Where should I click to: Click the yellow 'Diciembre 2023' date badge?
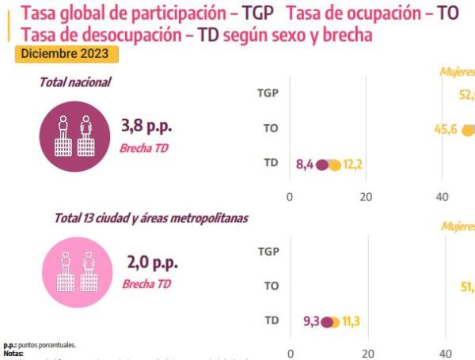(x=67, y=54)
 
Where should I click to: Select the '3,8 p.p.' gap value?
(x=146, y=126)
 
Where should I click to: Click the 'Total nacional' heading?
(x=76, y=82)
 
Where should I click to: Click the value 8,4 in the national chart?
(x=305, y=165)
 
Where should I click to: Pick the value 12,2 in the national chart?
(x=352, y=165)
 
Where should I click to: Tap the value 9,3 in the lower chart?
(x=311, y=321)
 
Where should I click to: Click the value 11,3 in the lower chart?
(x=352, y=321)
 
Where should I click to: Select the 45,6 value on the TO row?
(x=446, y=130)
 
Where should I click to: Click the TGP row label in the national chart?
(x=268, y=93)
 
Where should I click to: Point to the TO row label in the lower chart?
(x=271, y=286)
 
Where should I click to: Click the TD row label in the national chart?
(x=270, y=164)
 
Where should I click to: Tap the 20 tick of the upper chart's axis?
(x=367, y=197)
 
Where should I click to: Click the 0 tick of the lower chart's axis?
(x=291, y=354)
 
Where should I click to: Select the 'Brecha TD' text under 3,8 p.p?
(x=146, y=148)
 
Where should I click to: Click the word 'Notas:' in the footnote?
(x=13, y=354)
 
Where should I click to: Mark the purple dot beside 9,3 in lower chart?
(x=326, y=322)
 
